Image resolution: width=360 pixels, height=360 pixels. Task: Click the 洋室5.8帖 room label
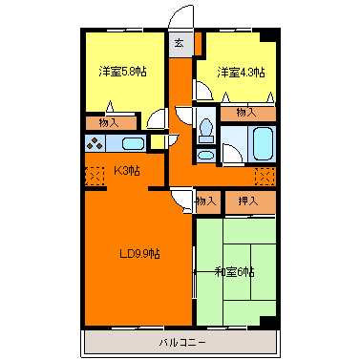click(x=122, y=72)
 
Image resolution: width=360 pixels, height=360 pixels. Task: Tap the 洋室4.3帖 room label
click(x=241, y=73)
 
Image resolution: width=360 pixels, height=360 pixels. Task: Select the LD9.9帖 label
click(x=139, y=254)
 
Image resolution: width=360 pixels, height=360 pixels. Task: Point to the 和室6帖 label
click(x=235, y=272)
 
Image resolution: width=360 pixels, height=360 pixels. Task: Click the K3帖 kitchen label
click(x=127, y=171)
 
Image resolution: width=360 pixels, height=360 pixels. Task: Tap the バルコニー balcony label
click(x=182, y=343)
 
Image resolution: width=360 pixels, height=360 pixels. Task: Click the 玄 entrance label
click(x=180, y=43)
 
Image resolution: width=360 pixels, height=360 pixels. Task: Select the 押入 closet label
click(x=248, y=201)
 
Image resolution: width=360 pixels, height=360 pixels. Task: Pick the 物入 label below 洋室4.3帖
click(x=246, y=112)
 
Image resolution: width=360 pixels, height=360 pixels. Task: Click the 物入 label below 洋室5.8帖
click(x=109, y=122)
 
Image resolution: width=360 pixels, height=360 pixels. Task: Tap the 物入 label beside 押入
click(x=205, y=201)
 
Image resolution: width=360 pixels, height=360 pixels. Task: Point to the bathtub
click(x=264, y=144)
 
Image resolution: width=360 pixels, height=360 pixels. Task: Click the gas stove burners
click(x=95, y=143)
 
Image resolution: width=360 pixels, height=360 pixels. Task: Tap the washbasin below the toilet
click(x=205, y=156)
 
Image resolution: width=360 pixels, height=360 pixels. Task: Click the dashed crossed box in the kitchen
click(x=95, y=176)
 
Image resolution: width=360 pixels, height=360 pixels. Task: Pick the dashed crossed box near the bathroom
click(x=265, y=177)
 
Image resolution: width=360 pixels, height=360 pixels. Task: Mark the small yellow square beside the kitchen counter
click(x=156, y=142)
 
